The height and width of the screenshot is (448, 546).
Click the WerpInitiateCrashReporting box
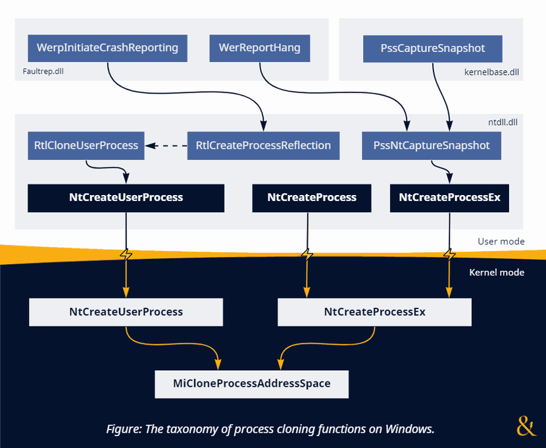[x=107, y=48]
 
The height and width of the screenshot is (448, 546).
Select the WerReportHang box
[x=259, y=48]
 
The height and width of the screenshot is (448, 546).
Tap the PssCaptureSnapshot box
[x=433, y=48]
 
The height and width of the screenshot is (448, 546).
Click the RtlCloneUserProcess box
[x=86, y=145]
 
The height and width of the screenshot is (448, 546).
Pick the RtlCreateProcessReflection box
[x=263, y=145]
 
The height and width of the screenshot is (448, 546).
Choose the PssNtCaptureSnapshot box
[x=432, y=145]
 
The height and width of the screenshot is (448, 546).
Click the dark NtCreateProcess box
[x=312, y=198]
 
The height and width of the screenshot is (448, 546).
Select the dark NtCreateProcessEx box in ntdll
[x=449, y=198]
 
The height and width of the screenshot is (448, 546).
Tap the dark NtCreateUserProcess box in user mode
[x=126, y=198]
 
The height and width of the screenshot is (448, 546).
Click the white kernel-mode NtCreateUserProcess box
[x=126, y=312]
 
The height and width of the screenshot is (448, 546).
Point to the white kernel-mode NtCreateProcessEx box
[x=374, y=312]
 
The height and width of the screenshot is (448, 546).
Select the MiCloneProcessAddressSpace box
[x=251, y=383]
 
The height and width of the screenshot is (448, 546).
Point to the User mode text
[x=501, y=241]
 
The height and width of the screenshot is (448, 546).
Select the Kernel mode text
[x=497, y=272]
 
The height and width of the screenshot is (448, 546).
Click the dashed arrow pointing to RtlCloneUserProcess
[x=166, y=145]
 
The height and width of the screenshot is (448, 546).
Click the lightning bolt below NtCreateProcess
[x=307, y=254]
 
